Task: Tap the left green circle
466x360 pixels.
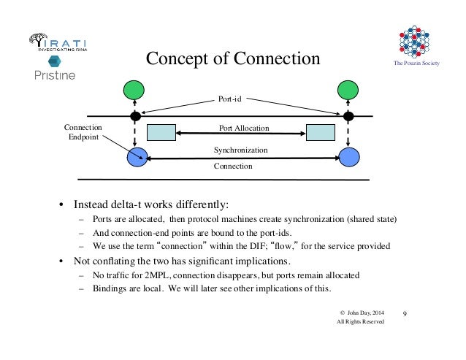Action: [134, 91]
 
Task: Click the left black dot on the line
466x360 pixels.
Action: [135, 116]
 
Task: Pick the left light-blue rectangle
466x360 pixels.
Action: [161, 132]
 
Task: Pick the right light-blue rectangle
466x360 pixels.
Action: [320, 132]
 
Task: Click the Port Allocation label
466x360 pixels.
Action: [244, 128]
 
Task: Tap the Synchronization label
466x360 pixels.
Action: [240, 150]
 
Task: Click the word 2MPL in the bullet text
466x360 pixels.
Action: [156, 275]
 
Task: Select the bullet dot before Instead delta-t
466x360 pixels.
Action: [63, 204]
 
